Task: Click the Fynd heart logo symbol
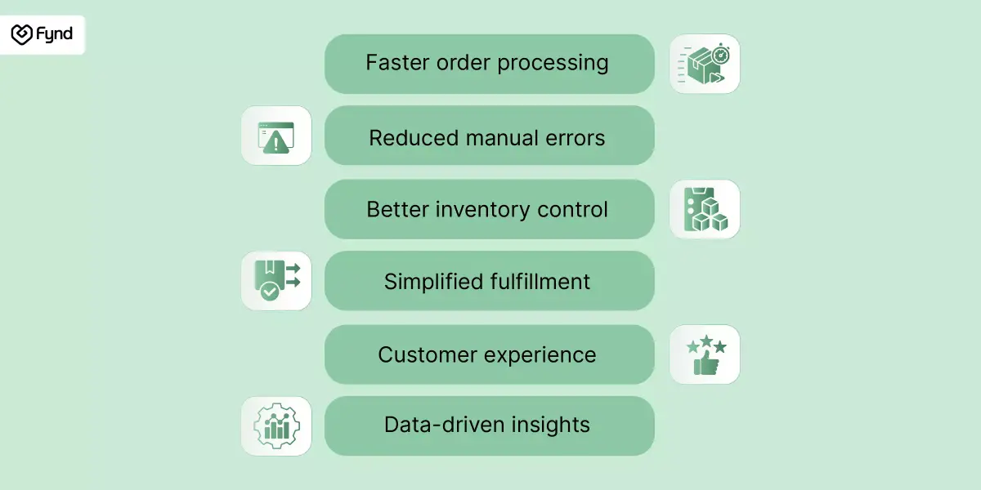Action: pos(21,34)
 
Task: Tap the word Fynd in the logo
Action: pos(54,34)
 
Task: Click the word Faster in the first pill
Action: pos(397,62)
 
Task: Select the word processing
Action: pos(553,64)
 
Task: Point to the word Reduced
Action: pos(414,138)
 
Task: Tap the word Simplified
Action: pos(433,281)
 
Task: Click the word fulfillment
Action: pos(540,281)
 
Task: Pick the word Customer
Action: pos(427,354)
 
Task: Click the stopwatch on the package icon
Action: pos(720,55)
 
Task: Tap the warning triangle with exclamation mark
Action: pos(275,142)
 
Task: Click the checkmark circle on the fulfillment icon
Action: pos(269,291)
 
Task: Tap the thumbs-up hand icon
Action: pos(706,364)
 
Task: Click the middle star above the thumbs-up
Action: pos(706,341)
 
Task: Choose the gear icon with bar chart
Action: pos(276,426)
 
